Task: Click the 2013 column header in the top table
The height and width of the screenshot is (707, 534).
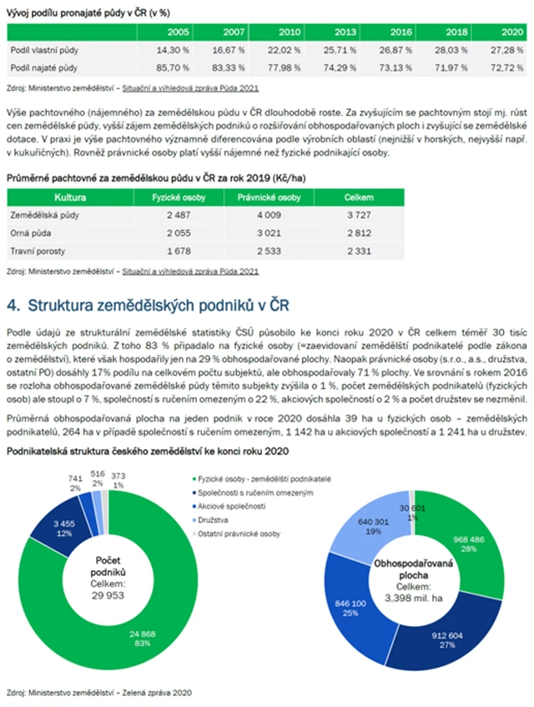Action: pos(344,31)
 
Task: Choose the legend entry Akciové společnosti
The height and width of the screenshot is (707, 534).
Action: pos(230,506)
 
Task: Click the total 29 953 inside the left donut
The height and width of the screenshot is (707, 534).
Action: pos(108,597)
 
